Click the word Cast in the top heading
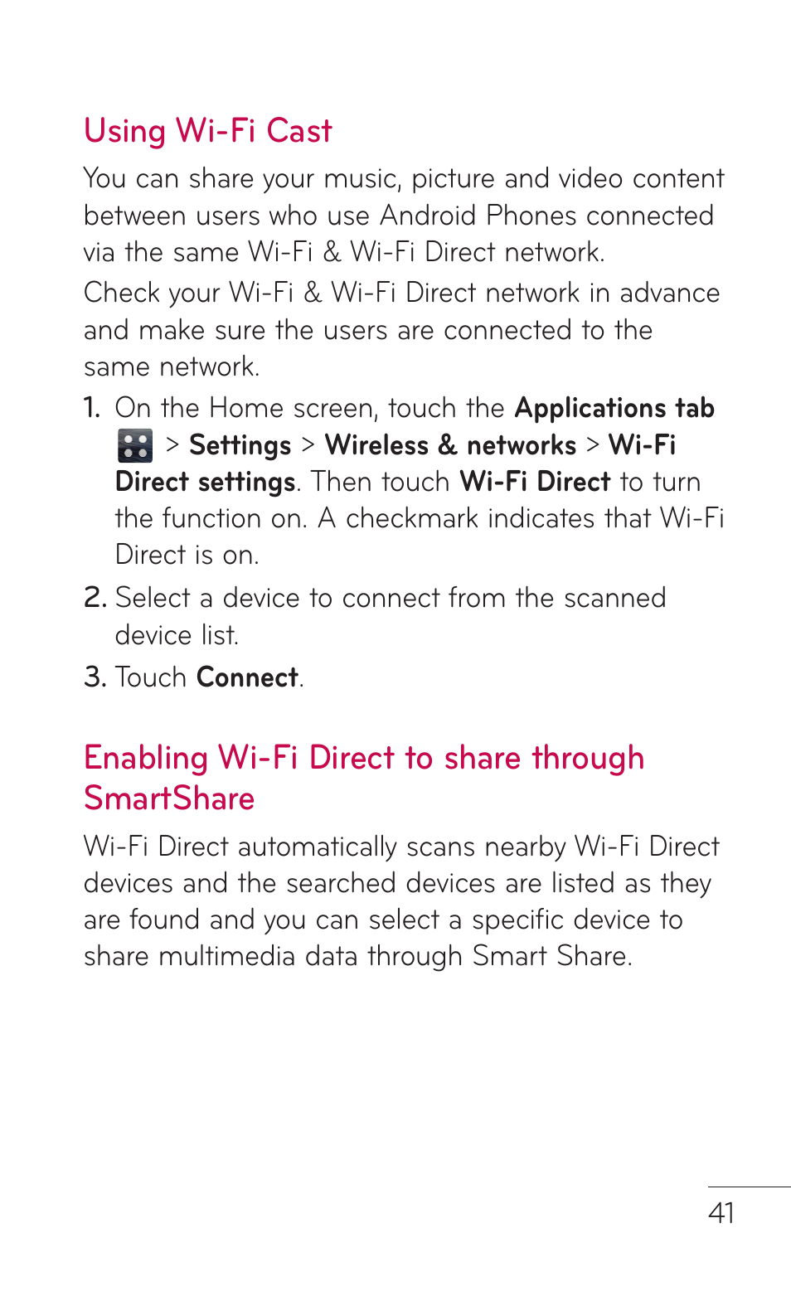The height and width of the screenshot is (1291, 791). point(298,131)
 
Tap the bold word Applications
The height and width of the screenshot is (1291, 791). point(590,408)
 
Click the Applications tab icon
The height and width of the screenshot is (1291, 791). point(134,445)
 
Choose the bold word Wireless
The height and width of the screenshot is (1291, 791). point(376,445)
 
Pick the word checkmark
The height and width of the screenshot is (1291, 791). point(412,518)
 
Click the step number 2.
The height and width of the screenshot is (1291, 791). point(94,598)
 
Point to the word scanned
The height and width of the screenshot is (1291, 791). point(614,598)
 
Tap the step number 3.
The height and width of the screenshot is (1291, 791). point(94,677)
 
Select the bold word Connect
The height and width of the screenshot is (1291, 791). point(247,677)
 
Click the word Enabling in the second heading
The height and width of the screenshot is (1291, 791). point(146,759)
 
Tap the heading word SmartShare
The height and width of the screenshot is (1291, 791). point(169,798)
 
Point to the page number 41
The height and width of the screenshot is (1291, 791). point(721,1213)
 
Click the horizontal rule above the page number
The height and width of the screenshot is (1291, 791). point(749,1187)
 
